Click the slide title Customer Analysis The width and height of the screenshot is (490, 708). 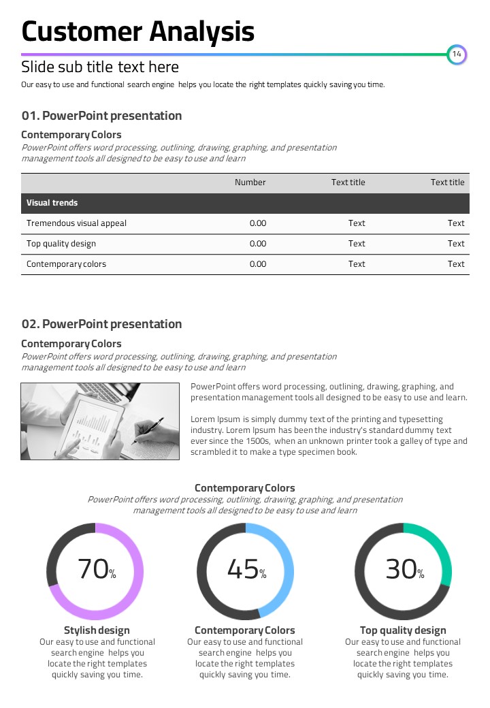pos(138,31)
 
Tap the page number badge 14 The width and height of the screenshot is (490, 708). pos(457,54)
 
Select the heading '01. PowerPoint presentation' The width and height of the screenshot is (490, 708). pos(101,116)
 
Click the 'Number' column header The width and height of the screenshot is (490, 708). pos(250,182)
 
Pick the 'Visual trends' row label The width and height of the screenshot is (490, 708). pos(52,203)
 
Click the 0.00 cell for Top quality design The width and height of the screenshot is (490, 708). pos(258,244)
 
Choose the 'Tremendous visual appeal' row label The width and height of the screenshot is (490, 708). pos(76,223)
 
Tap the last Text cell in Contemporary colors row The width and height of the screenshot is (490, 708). pos(456,264)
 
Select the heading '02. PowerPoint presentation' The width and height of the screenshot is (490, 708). pos(101,324)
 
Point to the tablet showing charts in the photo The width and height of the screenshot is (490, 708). pos(95,422)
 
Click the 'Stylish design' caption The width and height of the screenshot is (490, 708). pos(97,630)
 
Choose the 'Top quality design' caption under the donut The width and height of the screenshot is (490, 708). pos(403,630)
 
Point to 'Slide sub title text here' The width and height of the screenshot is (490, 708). pos(100,67)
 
